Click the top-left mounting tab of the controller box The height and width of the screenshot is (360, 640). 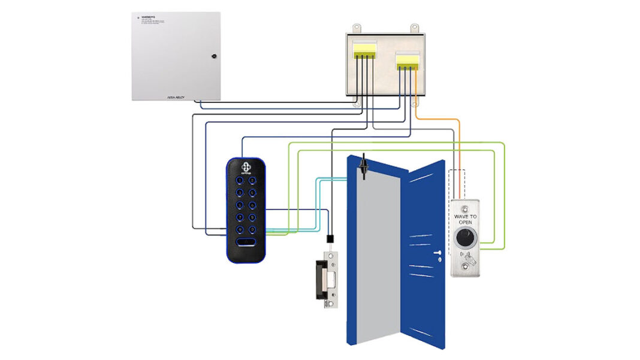pos(357,28)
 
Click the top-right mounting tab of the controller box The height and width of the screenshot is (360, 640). pos(413,28)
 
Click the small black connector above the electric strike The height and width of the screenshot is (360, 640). pos(330,239)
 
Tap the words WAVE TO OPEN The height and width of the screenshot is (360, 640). pos(465,219)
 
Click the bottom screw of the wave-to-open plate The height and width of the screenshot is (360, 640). pos(465,271)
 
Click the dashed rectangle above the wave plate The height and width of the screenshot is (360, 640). pos(457,183)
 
